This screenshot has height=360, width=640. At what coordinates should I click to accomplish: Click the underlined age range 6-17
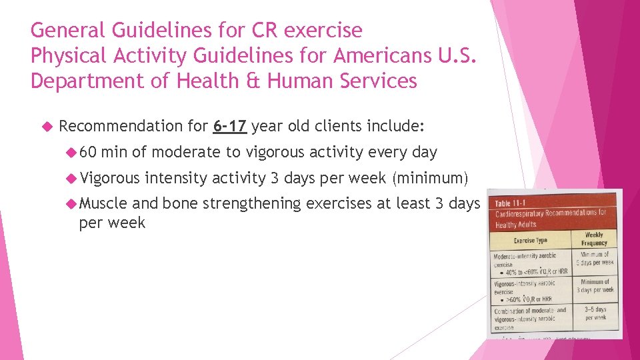[230, 125]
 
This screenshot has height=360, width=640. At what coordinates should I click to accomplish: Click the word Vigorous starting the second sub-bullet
[109, 178]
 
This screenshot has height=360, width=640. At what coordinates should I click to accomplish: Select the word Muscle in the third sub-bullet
[103, 203]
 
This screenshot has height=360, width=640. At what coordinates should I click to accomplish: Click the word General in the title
[68, 30]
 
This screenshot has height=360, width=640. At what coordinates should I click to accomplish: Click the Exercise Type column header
[531, 240]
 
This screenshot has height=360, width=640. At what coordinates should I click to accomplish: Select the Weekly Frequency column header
[593, 239]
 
